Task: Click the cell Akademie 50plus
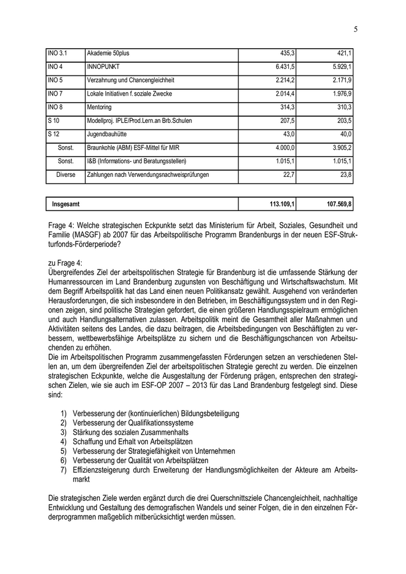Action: coord(108,53)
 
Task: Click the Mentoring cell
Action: coord(99,107)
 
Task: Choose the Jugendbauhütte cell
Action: coord(106,134)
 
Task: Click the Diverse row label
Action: coord(66,174)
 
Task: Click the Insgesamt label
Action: coord(66,204)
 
